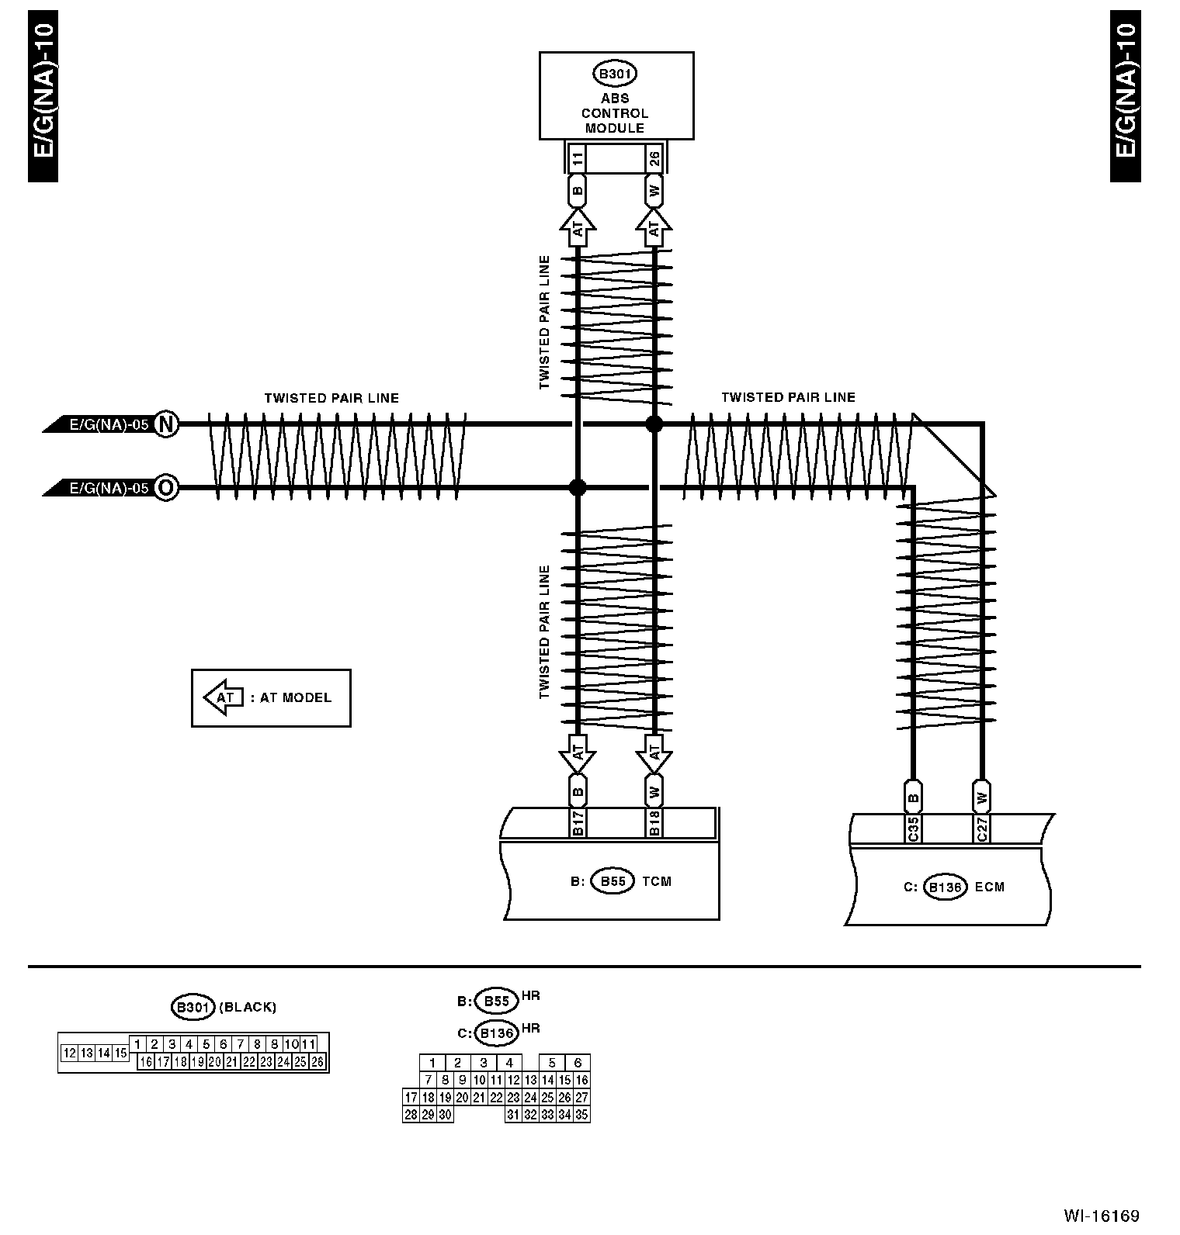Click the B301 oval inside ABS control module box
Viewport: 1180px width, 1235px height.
pyautogui.click(x=615, y=74)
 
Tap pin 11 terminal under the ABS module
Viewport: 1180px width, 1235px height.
pyautogui.click(x=577, y=160)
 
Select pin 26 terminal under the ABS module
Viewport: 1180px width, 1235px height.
pyautogui.click(x=654, y=160)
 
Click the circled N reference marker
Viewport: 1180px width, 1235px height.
pyautogui.click(x=165, y=424)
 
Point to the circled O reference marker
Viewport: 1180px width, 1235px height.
pyautogui.click(x=165, y=488)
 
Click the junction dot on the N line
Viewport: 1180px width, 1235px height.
pyautogui.click(x=654, y=424)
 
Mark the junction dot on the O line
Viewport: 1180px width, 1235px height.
pyautogui.click(x=578, y=487)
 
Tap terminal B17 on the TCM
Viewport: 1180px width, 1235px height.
pyautogui.click(x=578, y=823)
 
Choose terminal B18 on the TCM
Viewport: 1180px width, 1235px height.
pyautogui.click(x=654, y=823)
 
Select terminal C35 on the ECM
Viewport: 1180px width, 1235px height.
pyautogui.click(x=913, y=829)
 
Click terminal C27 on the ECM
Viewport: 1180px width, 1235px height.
pyautogui.click(x=982, y=829)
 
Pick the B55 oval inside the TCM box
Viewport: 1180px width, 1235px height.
pyautogui.click(x=613, y=881)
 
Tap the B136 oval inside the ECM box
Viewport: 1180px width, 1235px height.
pyautogui.click(x=946, y=887)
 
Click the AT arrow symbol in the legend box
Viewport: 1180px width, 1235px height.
pyautogui.click(x=224, y=697)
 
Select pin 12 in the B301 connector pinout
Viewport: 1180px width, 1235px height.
pyautogui.click(x=69, y=1053)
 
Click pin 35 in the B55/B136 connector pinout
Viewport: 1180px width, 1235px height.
pyautogui.click(x=581, y=1115)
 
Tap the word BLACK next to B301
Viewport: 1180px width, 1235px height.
pyautogui.click(x=248, y=1008)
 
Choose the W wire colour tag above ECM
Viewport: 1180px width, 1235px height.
pyautogui.click(x=982, y=797)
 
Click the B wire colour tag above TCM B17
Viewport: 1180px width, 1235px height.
pyautogui.click(x=578, y=792)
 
